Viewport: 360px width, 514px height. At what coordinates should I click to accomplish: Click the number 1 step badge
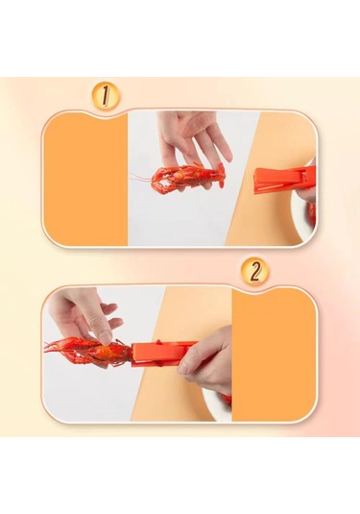106,96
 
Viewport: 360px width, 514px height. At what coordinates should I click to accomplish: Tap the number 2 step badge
255,271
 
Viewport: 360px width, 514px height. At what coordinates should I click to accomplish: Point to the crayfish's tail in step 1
220,176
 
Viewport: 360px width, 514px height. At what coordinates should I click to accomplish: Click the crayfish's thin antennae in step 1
141,179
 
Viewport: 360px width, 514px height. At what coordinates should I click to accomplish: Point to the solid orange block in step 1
85,179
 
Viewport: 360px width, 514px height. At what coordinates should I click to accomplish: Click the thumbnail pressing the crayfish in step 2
106,337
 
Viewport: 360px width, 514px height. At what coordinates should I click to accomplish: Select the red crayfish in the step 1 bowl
311,213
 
